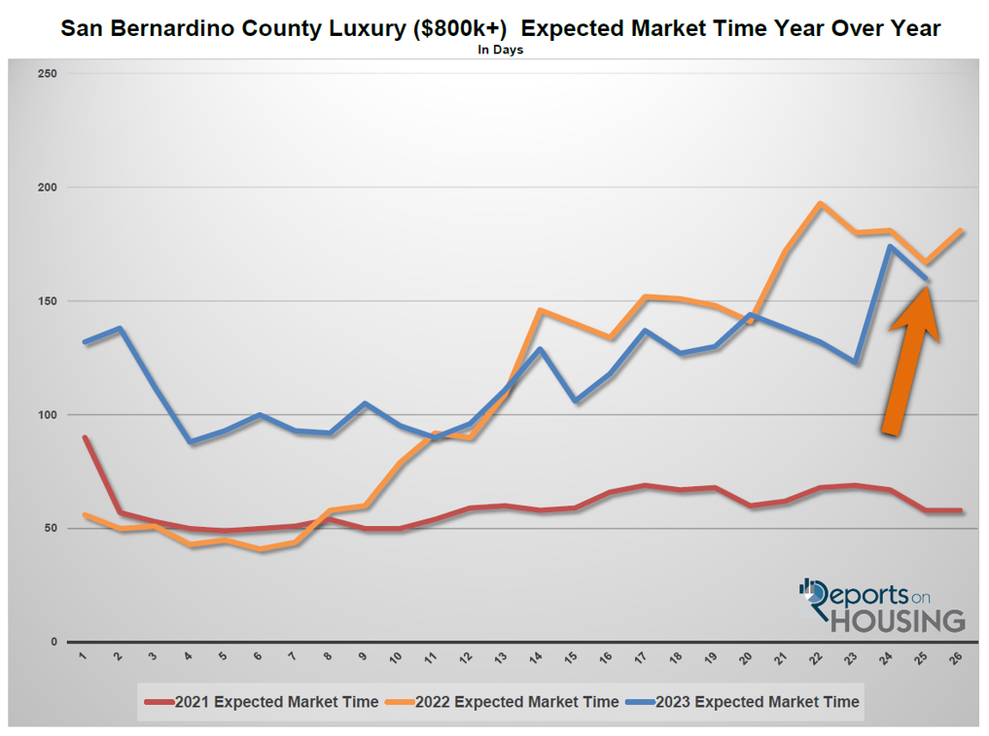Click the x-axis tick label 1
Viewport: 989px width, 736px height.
(x=84, y=656)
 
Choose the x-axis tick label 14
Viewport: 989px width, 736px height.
(x=538, y=657)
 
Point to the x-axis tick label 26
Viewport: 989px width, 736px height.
(x=958, y=657)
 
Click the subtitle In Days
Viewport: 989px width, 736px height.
(x=500, y=50)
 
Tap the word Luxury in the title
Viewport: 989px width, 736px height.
(x=364, y=28)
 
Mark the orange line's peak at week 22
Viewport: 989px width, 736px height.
(x=820, y=203)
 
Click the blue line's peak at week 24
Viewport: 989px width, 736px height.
(x=890, y=246)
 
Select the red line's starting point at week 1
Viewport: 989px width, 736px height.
(x=85, y=438)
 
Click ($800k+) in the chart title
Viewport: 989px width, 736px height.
(x=461, y=28)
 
